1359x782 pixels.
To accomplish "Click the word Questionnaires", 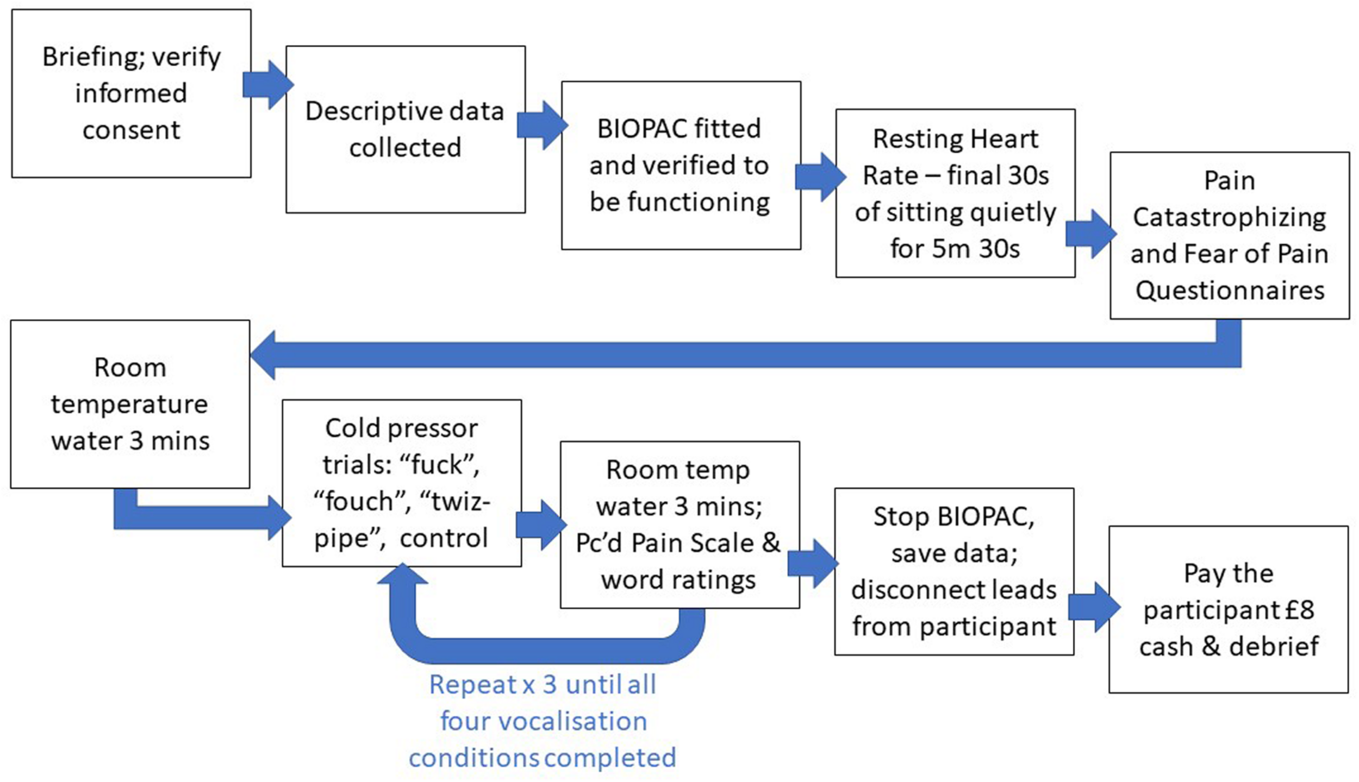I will click(x=1230, y=291).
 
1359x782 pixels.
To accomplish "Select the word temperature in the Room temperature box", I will click(x=129, y=404).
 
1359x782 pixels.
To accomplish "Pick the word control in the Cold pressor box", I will click(x=444, y=538).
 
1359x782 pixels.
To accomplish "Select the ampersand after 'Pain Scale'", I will click(x=771, y=543).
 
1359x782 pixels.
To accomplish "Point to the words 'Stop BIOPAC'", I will click(x=953, y=516).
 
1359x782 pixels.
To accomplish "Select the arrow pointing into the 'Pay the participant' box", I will click(x=1094, y=607).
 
